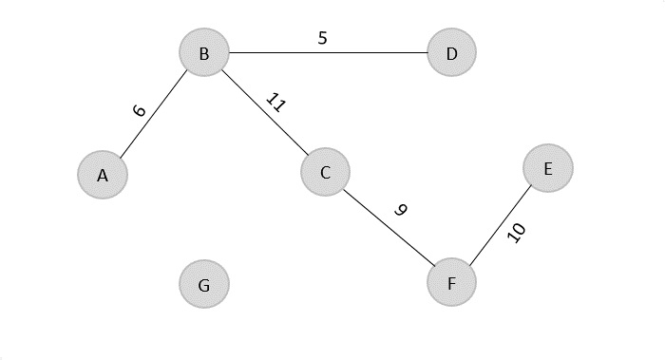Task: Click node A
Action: coord(103,175)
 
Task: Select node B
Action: coord(204,54)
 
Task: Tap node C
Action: coord(325,172)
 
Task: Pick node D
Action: coord(451,53)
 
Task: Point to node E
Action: coord(548,168)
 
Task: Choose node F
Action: coord(451,283)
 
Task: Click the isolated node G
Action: coord(204,284)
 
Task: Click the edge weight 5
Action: coord(322,39)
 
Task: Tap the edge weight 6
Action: coord(140,110)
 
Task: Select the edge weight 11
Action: coord(274,102)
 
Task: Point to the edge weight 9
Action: coord(401,210)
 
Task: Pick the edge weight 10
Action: coord(517,233)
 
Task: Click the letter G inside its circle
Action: coord(204,285)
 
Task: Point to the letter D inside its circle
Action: coord(451,54)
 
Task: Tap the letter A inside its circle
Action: coord(103,176)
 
